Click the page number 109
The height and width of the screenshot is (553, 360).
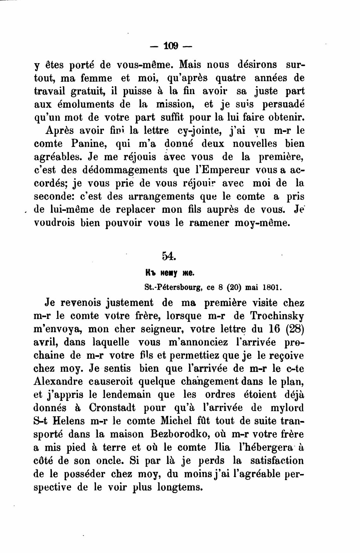(x=171, y=46)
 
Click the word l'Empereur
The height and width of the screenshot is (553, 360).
(x=222, y=170)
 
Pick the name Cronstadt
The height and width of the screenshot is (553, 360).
(x=112, y=407)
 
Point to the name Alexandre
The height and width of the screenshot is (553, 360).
(x=58, y=381)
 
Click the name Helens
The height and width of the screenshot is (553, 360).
(x=65, y=421)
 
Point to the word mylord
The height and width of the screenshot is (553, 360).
(x=287, y=407)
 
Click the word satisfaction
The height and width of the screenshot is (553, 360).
(x=277, y=460)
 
